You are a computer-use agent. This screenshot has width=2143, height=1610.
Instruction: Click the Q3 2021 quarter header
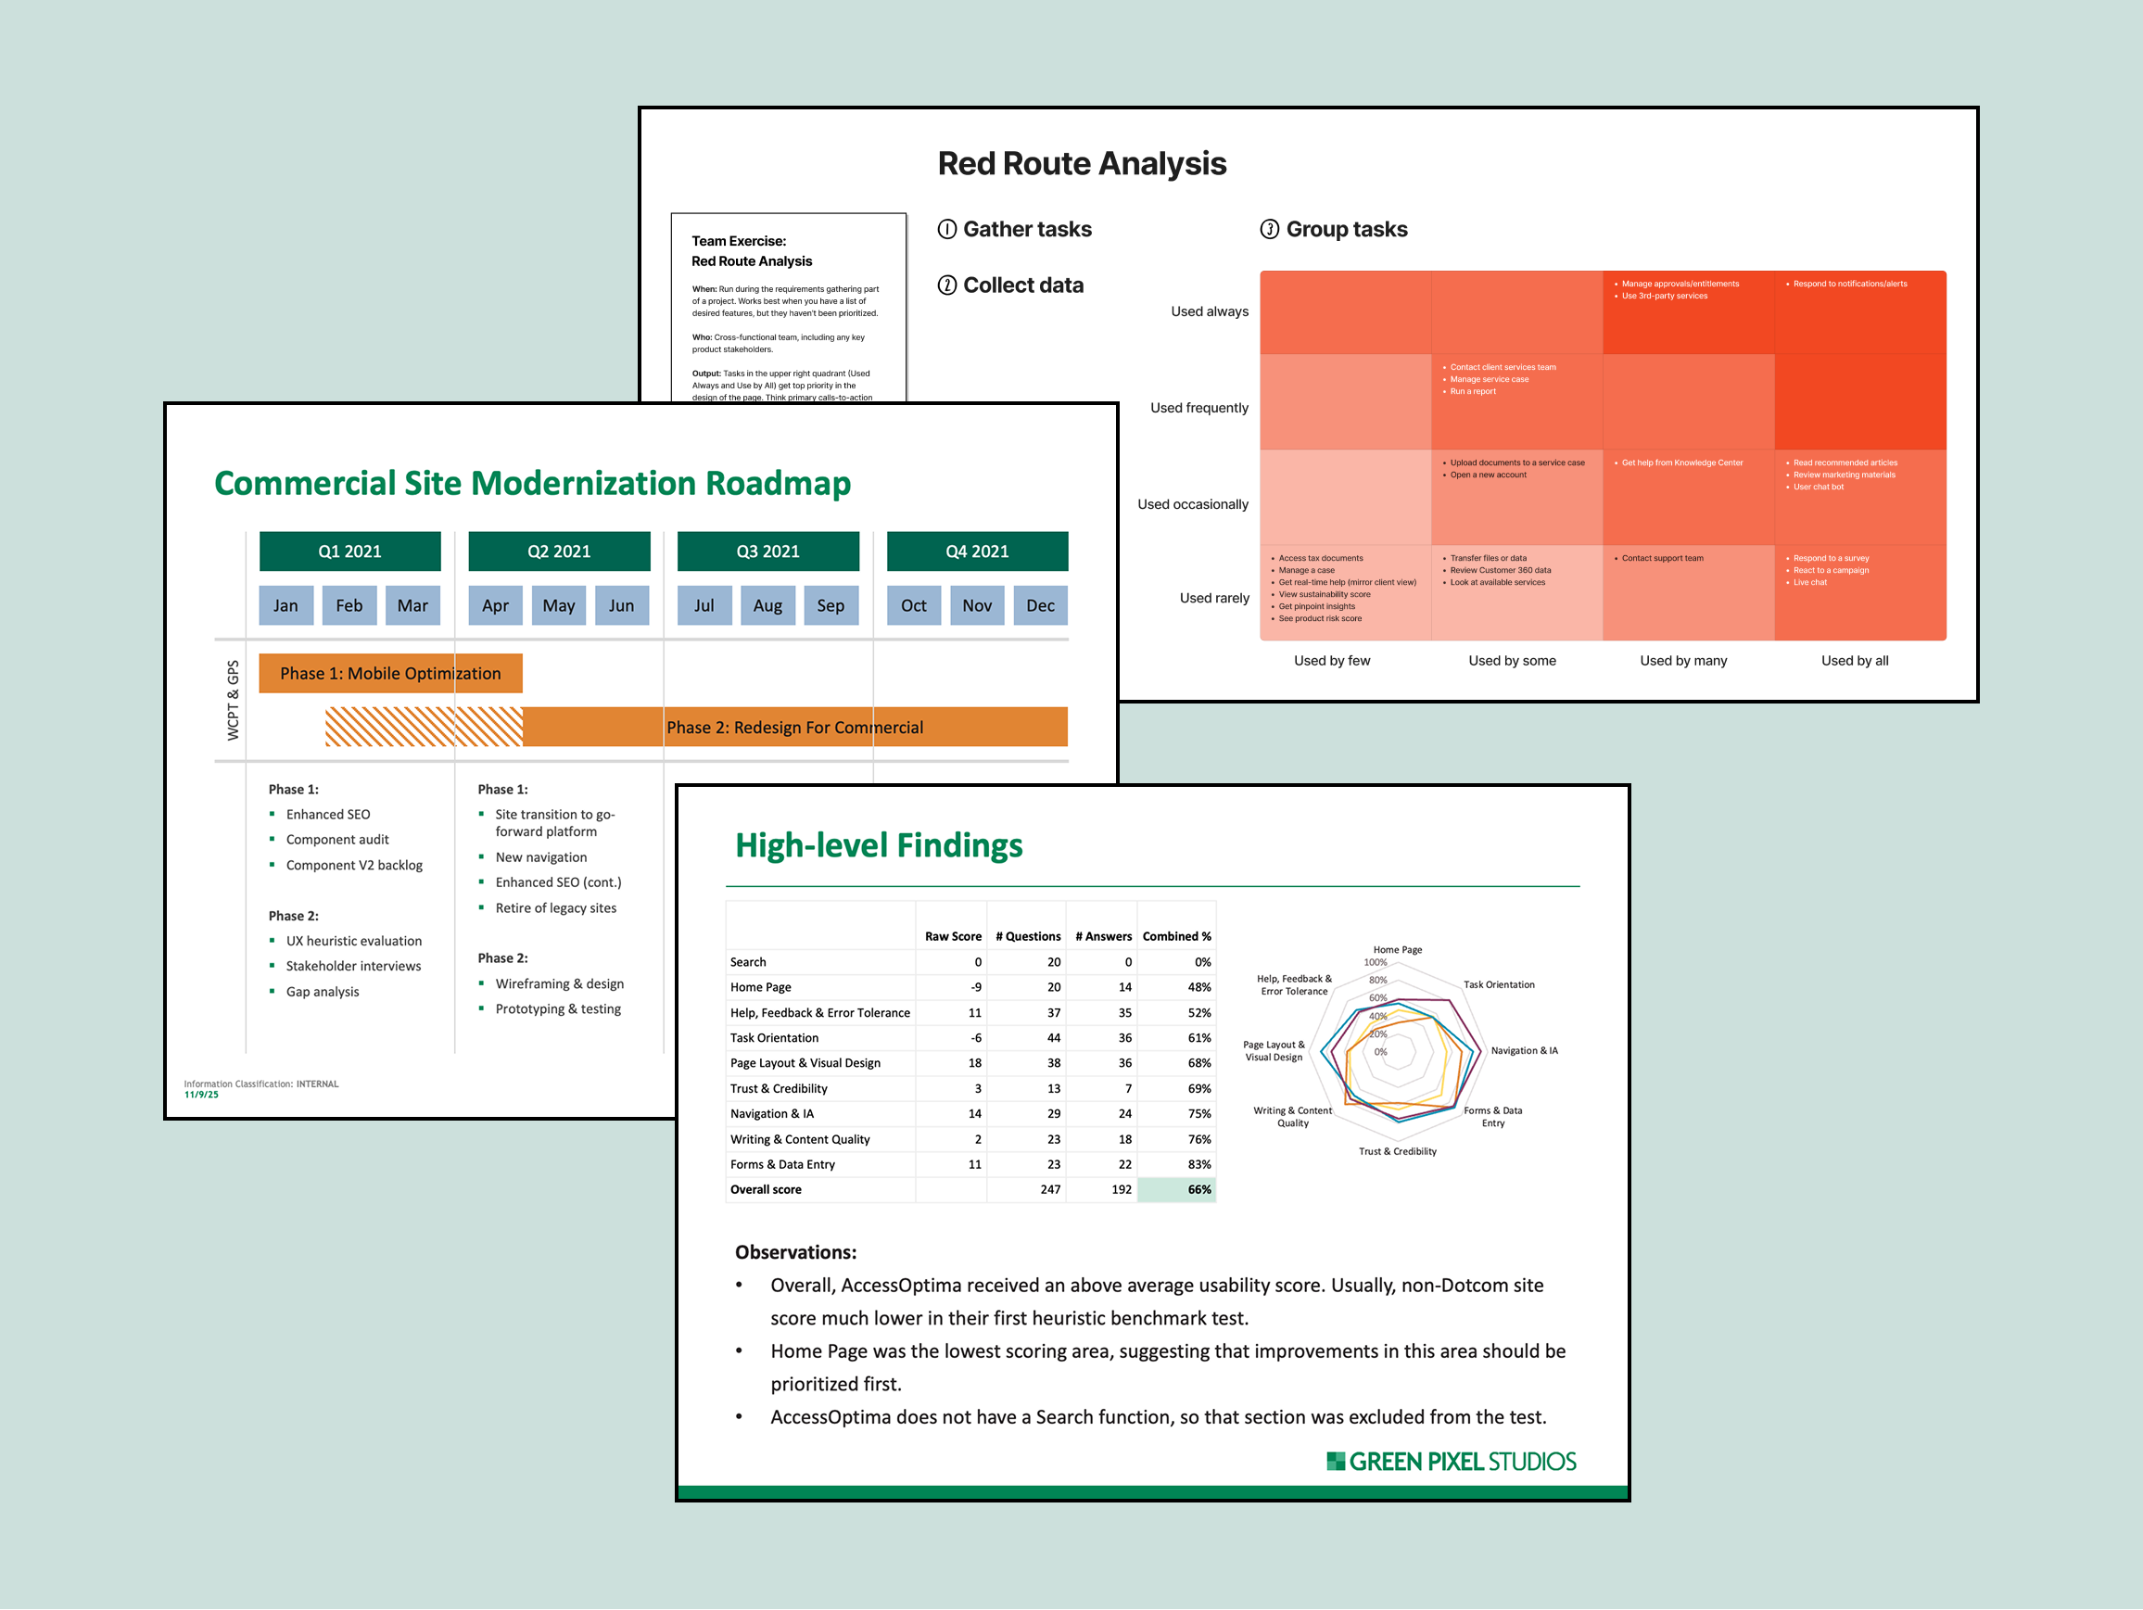click(x=767, y=551)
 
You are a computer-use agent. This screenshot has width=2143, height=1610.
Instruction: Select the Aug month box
click(x=767, y=605)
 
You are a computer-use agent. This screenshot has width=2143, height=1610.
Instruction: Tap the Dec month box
click(x=1040, y=605)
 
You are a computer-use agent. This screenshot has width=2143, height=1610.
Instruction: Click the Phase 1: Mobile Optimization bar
click(x=390, y=673)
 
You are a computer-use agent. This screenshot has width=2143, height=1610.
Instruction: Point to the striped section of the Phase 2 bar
click(x=424, y=727)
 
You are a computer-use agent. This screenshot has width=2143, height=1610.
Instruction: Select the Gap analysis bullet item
click(x=322, y=991)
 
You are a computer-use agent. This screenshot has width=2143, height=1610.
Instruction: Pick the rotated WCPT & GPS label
click(x=233, y=701)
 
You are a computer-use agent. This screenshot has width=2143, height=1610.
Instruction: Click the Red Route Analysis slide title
click(x=1081, y=164)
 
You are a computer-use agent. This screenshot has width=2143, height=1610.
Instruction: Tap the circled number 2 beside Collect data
click(x=946, y=285)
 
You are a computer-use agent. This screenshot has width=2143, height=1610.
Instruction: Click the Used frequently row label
click(x=1198, y=408)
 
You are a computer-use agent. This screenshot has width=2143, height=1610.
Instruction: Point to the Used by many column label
click(x=1683, y=661)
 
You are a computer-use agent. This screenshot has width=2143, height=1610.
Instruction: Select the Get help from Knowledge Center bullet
click(x=1681, y=463)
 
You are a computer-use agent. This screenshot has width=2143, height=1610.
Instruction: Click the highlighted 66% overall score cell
click(x=1176, y=1189)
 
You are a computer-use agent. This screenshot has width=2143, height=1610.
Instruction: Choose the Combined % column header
click(x=1176, y=937)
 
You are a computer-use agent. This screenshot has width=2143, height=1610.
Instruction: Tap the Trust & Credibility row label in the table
click(x=779, y=1089)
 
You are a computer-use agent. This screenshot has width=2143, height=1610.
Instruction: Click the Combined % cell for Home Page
click(x=1198, y=987)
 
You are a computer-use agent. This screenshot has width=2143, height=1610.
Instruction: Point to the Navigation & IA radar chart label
click(x=1524, y=1050)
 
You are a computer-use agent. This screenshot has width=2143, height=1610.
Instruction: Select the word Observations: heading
click(x=795, y=1251)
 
